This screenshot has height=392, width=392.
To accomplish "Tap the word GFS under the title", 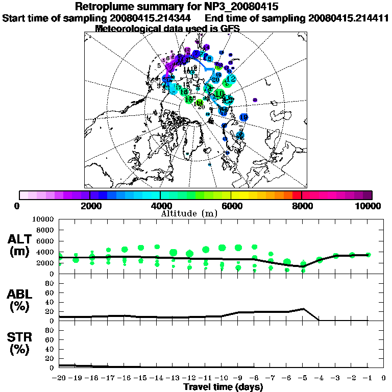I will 229,29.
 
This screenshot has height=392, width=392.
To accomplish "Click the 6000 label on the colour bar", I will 231,206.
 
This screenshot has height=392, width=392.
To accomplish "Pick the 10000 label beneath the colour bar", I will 370,206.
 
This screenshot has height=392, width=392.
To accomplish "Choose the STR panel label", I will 21,343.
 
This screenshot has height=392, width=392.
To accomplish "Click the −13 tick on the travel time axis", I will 173,379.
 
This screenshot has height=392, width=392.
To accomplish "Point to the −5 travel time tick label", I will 303,379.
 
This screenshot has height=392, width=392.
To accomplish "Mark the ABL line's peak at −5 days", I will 303,309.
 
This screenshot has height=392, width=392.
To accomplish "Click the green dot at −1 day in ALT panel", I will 368,255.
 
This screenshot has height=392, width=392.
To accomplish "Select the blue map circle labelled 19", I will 243,117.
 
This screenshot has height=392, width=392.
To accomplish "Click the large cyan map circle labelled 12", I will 231,79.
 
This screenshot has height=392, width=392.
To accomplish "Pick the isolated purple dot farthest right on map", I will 255,100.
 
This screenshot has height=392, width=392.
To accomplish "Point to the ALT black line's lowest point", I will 303,266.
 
